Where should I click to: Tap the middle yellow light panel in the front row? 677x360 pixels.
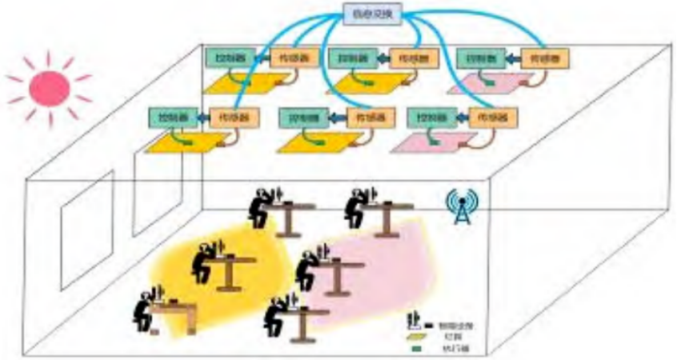pyautogui.click(x=314, y=140)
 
